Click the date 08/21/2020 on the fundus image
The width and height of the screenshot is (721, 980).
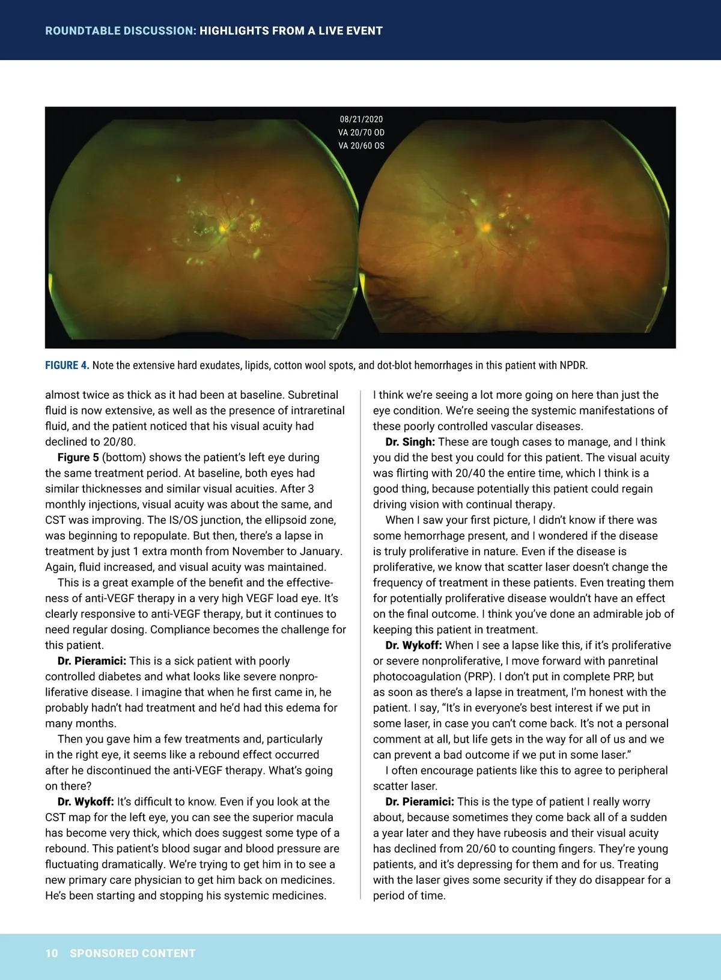[361, 120]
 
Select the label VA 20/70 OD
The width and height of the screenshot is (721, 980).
[361, 133]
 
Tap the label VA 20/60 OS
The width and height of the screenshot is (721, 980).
[361, 146]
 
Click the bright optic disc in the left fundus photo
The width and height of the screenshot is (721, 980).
[224, 228]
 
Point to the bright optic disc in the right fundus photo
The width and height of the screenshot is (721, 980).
[484, 227]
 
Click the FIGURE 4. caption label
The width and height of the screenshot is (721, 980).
[67, 365]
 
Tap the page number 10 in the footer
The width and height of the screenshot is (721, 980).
[52, 954]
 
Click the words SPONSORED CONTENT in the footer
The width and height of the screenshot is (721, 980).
[133, 954]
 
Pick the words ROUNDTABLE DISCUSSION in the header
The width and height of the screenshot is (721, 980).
[120, 31]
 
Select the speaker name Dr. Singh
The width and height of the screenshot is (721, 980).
[410, 442]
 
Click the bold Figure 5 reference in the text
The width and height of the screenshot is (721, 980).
[78, 458]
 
